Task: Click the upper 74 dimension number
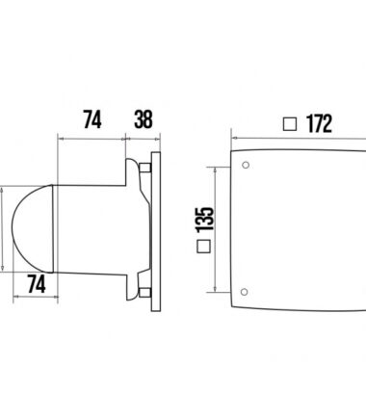(92, 119)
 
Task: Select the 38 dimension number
(143, 119)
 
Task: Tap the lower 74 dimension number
(35, 284)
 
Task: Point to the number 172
(318, 124)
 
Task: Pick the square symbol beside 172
(289, 124)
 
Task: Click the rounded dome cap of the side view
(27, 229)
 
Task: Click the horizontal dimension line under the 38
(143, 138)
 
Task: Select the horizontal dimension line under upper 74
(92, 138)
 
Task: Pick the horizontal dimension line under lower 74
(35, 300)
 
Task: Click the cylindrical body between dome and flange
(87, 229)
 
